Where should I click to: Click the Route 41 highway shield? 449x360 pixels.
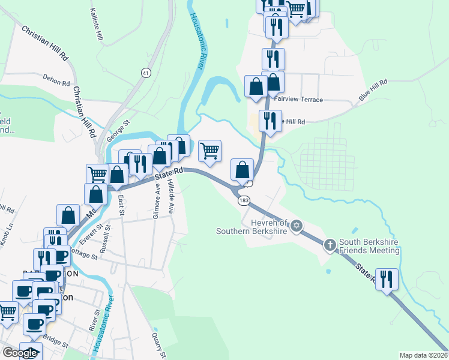tap(146, 73)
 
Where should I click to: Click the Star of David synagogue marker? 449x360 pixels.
tap(295, 226)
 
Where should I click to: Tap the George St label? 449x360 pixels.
tap(118, 131)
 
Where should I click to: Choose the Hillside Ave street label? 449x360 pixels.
tap(171, 197)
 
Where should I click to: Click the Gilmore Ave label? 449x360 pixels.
tap(155, 203)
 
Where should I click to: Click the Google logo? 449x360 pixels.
tap(20, 353)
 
